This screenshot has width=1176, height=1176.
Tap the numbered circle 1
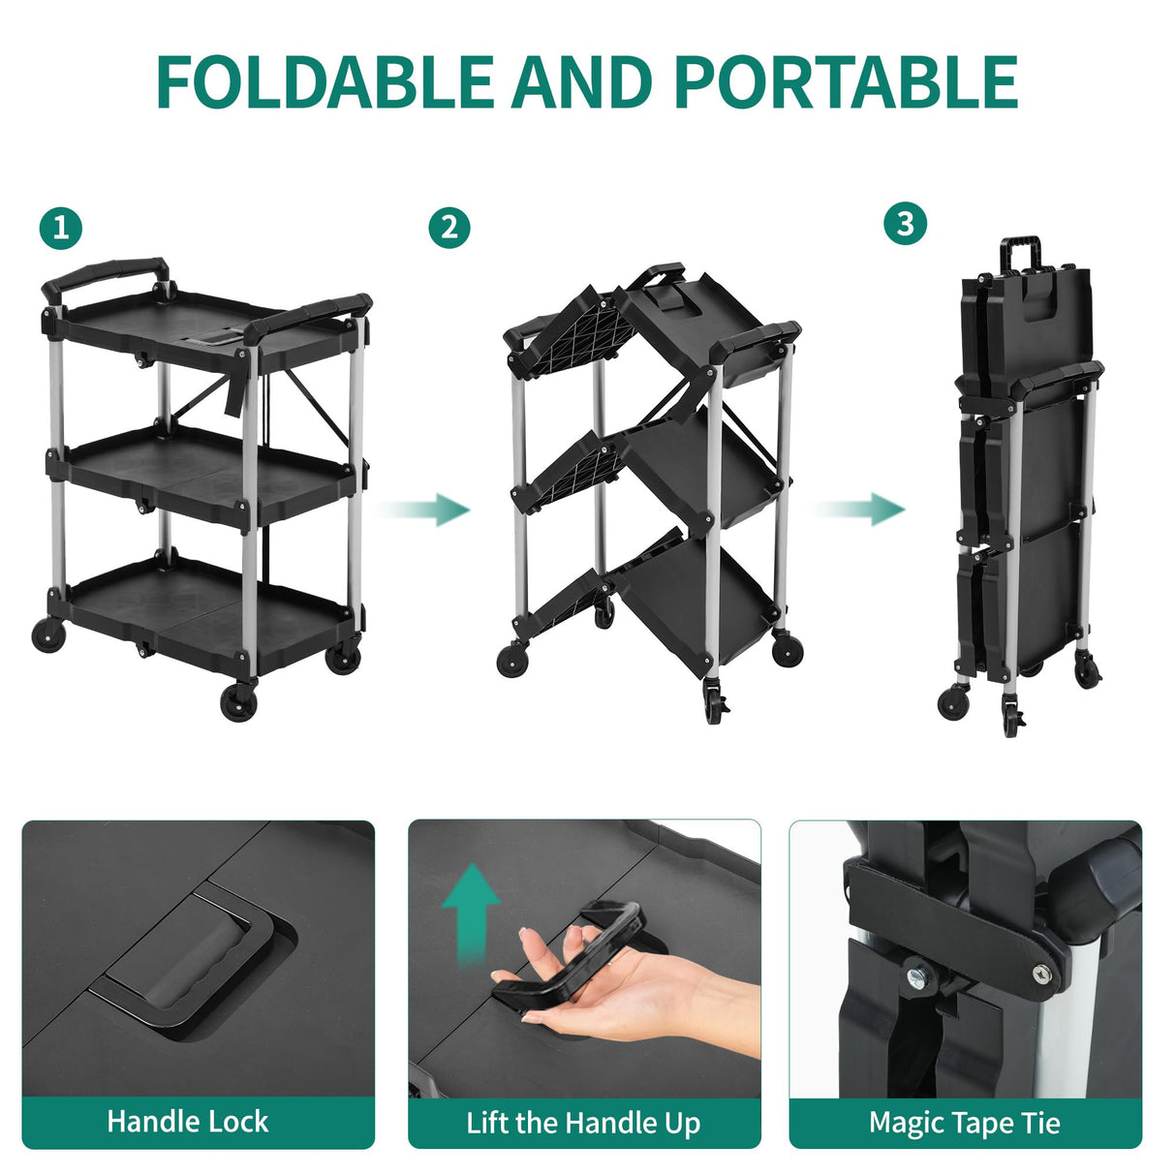61,229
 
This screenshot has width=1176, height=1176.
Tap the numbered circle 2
449,229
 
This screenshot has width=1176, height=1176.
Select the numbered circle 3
905,224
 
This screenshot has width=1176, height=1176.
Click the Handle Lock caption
187,1122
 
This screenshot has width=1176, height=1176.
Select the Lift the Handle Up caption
583,1123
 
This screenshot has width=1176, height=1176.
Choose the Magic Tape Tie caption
964,1123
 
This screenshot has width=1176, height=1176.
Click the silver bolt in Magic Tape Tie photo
913,975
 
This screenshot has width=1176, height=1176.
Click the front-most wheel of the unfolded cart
238,701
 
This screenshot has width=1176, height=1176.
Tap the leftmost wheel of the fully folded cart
953,700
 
